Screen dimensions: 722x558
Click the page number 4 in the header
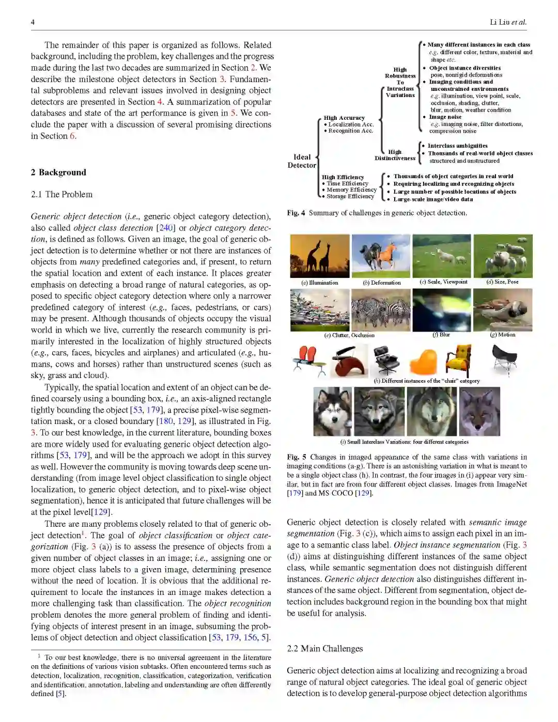tap(33, 22)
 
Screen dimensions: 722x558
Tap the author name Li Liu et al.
tap(508, 22)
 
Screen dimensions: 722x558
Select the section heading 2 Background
tap(58, 172)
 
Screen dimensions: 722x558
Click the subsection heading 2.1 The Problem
tap(61, 194)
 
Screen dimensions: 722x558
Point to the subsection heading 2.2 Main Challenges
tap(324, 649)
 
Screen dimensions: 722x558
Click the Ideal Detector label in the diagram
tap(302, 161)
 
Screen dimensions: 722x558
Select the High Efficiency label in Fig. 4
tap(343, 177)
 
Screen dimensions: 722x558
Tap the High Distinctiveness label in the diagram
tap(395, 155)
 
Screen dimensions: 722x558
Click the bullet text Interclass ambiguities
tap(457, 146)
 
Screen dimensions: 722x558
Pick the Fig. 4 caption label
tap(296, 213)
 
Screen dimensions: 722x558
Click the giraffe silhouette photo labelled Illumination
tap(320, 256)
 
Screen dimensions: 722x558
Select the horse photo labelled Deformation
tap(381, 256)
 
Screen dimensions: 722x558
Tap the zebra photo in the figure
tap(381, 310)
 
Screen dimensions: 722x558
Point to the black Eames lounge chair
tap(387, 359)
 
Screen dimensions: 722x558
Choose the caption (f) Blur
tap(441, 335)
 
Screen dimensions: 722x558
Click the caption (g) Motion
tap(503, 335)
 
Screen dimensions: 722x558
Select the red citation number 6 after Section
tap(72, 136)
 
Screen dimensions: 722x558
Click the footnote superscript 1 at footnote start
tap(39, 655)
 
